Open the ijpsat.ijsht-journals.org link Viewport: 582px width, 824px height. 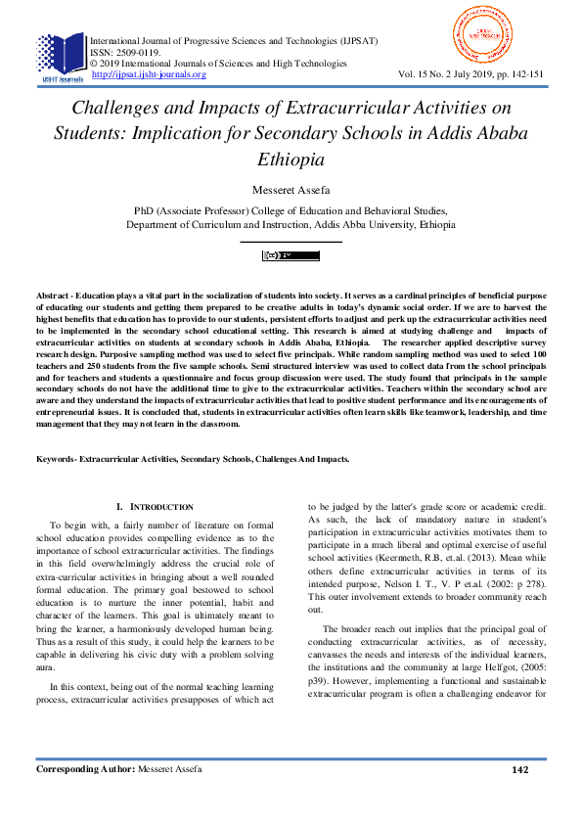[148, 74]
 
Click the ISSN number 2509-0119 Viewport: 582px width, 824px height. [140, 52]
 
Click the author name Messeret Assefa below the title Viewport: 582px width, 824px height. [291, 190]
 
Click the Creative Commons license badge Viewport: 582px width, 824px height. [291, 256]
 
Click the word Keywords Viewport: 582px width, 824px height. [56, 459]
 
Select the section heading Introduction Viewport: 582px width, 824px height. [160, 507]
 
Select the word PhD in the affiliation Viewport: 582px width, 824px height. [144, 210]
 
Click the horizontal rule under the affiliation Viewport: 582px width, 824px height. [291, 241]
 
